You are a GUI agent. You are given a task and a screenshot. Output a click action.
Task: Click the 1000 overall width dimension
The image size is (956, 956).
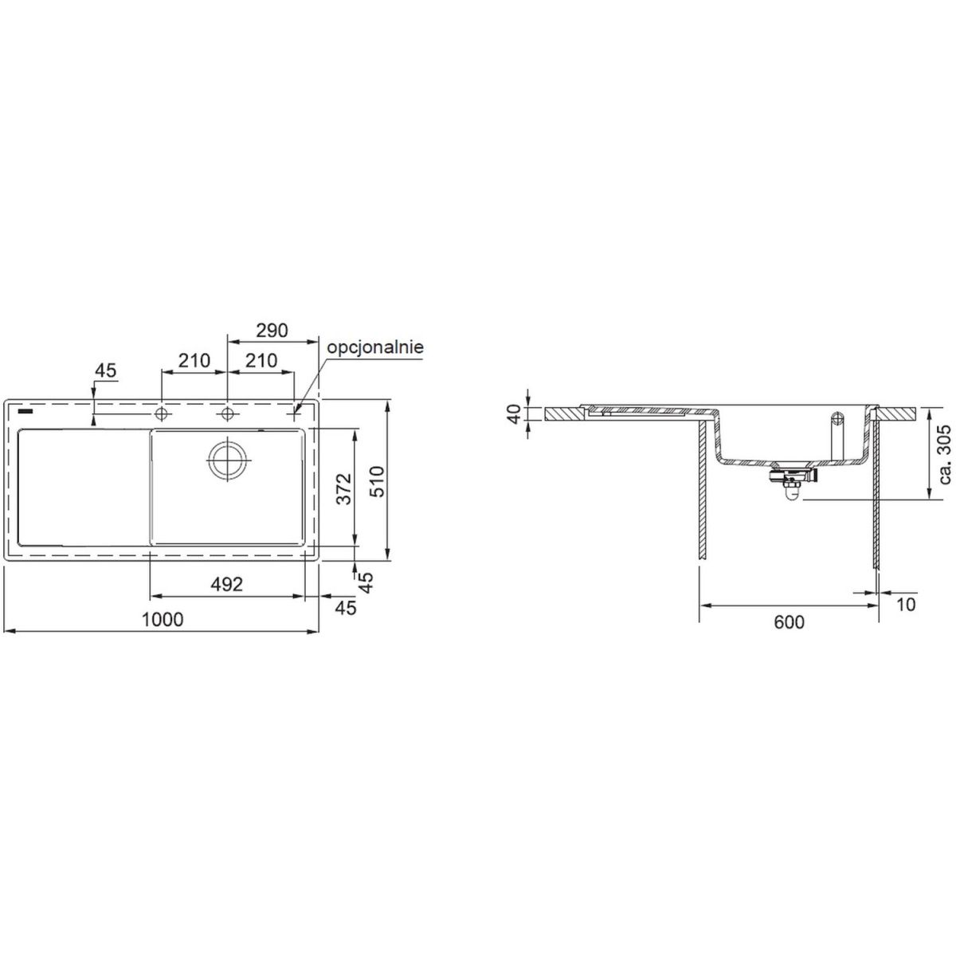(x=163, y=620)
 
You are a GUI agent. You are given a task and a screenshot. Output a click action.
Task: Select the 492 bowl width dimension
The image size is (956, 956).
(x=227, y=585)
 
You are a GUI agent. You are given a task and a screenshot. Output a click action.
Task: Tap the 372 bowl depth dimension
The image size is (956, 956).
(x=344, y=488)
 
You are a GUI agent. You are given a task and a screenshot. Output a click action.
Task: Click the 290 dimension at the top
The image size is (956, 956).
(x=272, y=331)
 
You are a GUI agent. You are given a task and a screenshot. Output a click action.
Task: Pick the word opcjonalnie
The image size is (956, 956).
(x=375, y=347)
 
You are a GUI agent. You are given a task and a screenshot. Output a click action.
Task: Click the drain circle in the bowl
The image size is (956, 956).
(x=227, y=459)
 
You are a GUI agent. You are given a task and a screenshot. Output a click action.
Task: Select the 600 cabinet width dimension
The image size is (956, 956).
(x=789, y=621)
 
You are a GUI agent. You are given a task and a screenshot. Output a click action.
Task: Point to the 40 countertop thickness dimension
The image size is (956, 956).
(x=516, y=413)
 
